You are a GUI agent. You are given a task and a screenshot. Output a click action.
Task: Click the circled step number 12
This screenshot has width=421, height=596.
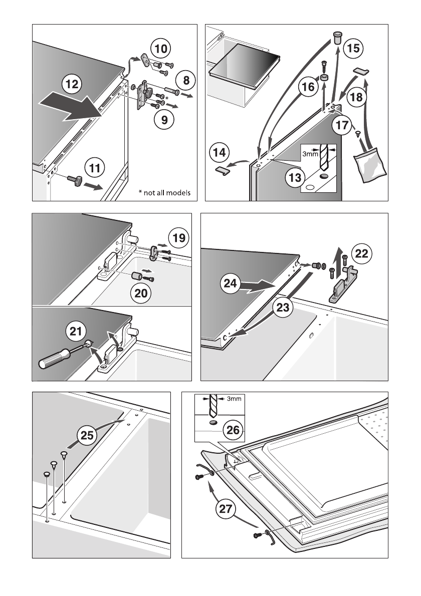tap(72, 85)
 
